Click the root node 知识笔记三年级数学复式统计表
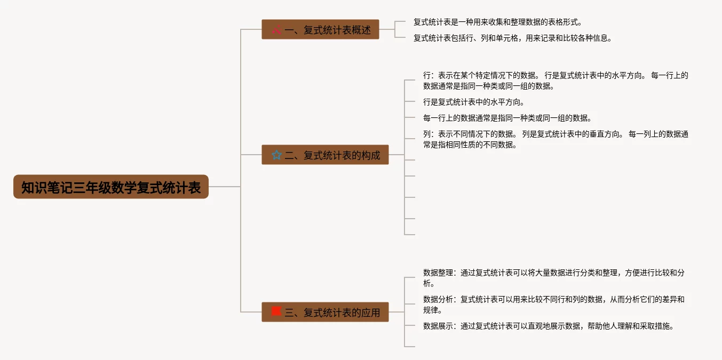[x=111, y=187]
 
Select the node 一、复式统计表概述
[x=320, y=30]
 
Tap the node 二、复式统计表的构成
[x=325, y=155]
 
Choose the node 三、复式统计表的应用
[x=325, y=313]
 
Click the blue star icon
[x=276, y=155]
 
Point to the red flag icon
[x=276, y=311]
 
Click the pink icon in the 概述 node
[x=276, y=30]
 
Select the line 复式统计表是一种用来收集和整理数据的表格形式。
[x=497, y=22]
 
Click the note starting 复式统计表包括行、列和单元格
[x=512, y=38]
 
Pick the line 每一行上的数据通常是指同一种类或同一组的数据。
[x=507, y=118]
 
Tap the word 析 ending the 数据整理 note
[x=427, y=283]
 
